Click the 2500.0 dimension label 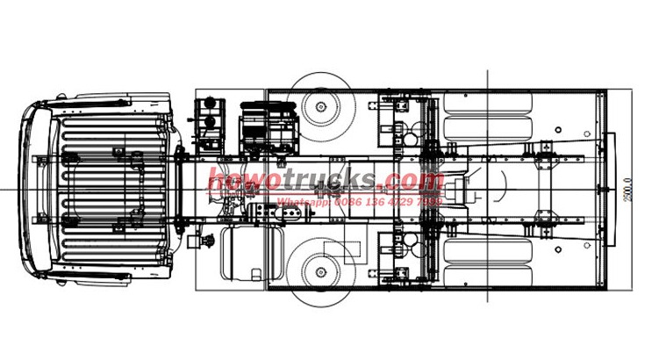(627, 189)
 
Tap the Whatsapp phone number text (360, 201)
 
